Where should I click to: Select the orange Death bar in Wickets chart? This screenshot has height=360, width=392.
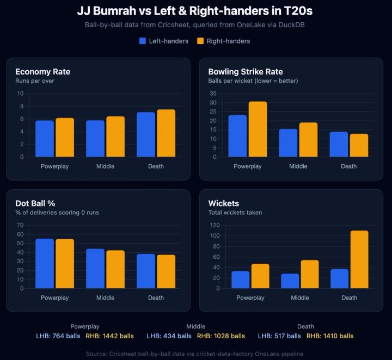[x=359, y=259]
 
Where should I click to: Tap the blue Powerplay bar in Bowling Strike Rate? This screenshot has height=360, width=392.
[x=237, y=136]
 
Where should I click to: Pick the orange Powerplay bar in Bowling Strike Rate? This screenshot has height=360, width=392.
[x=258, y=129]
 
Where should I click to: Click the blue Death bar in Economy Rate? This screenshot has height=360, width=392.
[x=146, y=134]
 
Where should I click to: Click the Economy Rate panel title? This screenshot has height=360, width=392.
[x=42, y=72]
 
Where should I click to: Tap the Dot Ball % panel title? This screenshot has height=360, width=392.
[x=34, y=203]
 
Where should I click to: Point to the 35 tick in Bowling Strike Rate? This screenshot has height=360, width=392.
[x=213, y=94]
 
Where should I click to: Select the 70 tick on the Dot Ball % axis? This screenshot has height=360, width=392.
[x=20, y=225]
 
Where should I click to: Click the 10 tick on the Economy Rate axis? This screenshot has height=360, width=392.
[x=20, y=94]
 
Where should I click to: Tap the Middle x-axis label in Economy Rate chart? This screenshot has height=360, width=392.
[x=105, y=166]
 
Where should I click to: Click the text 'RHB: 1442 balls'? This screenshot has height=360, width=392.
[x=109, y=336]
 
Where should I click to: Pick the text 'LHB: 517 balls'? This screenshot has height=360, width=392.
[x=279, y=336]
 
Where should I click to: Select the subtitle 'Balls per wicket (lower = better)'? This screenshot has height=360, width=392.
[x=253, y=81]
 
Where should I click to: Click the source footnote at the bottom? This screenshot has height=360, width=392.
[x=195, y=353]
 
